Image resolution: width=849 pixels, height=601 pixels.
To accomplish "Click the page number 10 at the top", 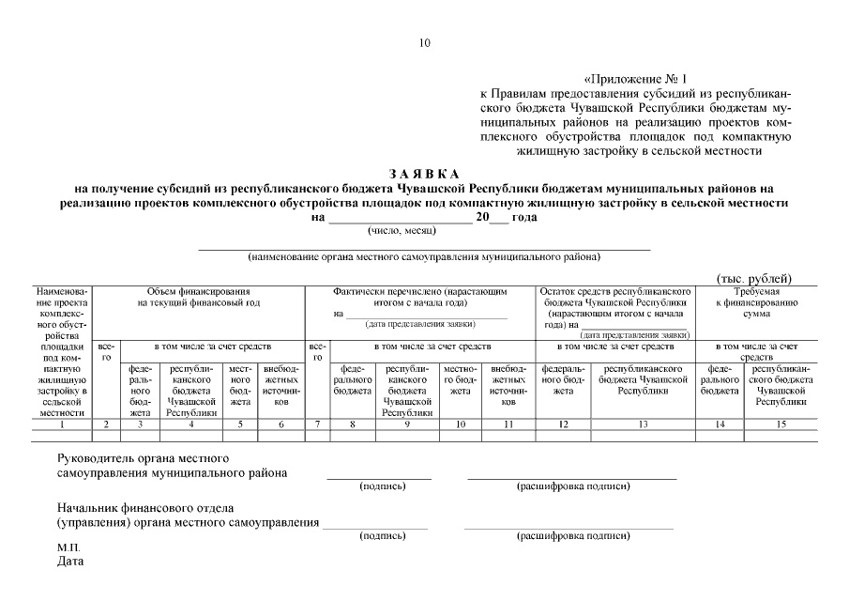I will pos(424,42).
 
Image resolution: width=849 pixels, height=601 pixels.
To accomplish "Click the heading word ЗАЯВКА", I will pos(424,174).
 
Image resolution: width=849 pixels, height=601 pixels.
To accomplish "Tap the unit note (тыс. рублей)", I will pos(754,278).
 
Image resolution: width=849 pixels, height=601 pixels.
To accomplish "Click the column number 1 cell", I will pos(62,424).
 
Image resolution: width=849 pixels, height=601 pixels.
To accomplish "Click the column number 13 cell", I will pos(644,424).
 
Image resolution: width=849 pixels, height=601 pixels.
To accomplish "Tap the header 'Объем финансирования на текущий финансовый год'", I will pos(198,297).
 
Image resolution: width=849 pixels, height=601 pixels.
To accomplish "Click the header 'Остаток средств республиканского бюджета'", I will pos(616,297).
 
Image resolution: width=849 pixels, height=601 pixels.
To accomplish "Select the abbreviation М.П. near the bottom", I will pos(68,547).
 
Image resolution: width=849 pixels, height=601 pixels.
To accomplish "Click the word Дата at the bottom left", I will pos(70,562).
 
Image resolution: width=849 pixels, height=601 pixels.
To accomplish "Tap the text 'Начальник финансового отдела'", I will pos(145,508).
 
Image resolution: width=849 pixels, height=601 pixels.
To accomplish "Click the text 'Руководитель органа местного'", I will pos(144,458).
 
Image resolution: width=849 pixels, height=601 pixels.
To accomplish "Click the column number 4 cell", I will pos(191,424).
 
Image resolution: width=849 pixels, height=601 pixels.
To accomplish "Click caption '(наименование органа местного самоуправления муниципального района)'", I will pos(424,256).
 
